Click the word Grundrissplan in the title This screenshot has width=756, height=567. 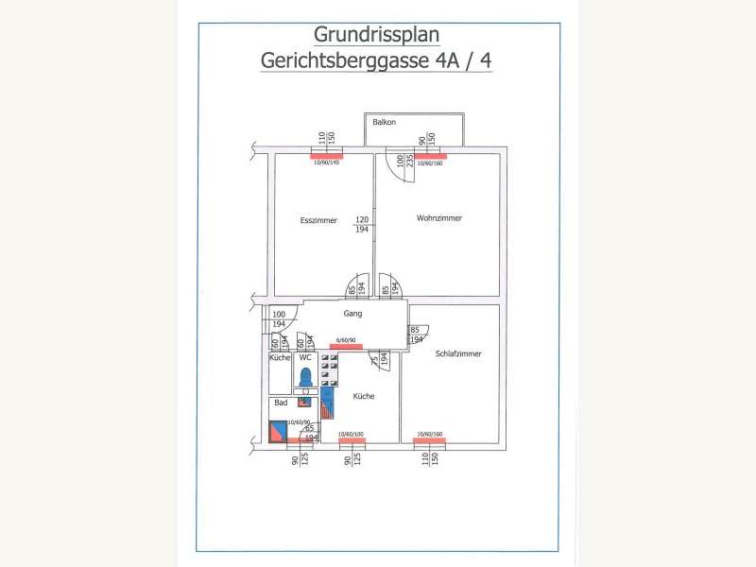377,36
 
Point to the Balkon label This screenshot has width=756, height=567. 384,123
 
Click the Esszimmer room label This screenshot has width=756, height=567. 318,220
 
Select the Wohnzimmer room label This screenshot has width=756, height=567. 438,218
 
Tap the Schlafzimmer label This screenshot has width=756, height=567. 458,353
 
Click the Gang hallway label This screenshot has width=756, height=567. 352,312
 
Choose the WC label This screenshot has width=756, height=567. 304,358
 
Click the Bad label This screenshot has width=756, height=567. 280,403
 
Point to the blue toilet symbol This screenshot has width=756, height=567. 305,377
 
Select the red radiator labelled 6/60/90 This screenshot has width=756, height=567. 346,346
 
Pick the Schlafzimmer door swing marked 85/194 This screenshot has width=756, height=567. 417,334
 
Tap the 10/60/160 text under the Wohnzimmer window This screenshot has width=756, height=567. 430,163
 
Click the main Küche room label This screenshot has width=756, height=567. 364,397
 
